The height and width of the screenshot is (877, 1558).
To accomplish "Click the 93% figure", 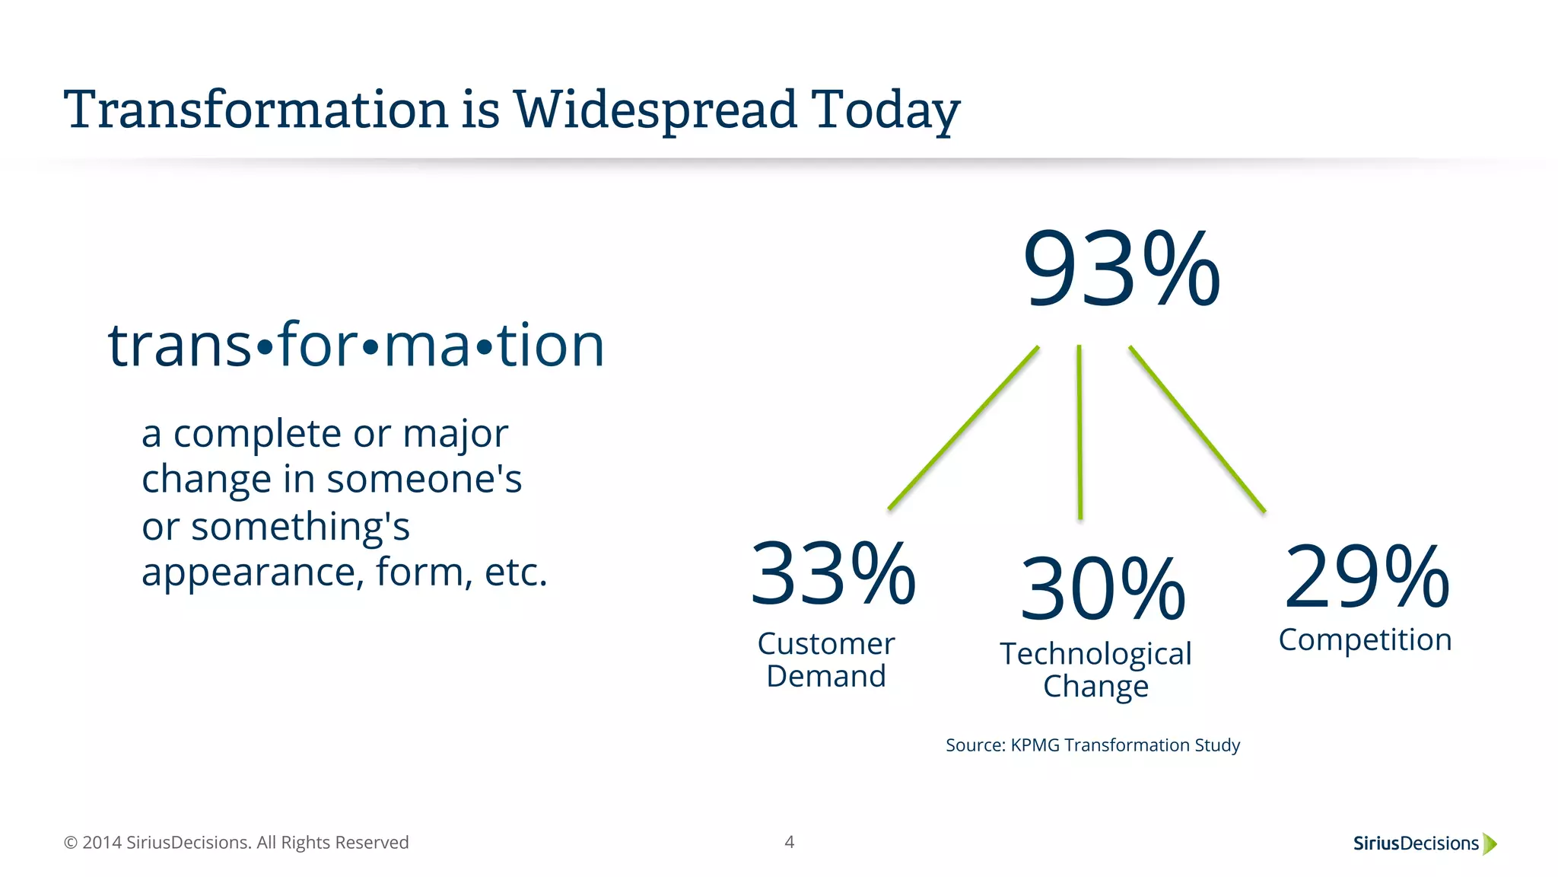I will coord(1121,270).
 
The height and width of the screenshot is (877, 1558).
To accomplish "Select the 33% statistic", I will coord(833,572).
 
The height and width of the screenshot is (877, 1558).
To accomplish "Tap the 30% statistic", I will coord(1102,589).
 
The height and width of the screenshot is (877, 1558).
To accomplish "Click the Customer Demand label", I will coord(826,660).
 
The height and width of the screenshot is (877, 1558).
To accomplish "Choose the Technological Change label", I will coord(1095,670).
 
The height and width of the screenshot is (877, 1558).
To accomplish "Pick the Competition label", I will coord(1365,639).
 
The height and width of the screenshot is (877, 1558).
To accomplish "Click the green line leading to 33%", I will coord(963,428).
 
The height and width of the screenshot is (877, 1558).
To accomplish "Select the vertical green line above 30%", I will coord(1079,432).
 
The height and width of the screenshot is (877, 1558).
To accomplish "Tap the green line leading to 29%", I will coord(1197,429).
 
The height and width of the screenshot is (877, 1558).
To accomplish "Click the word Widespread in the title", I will coord(655,110).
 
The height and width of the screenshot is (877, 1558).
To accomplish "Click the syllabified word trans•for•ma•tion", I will coord(356,345).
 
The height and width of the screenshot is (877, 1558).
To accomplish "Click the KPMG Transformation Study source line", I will coord(1092,745).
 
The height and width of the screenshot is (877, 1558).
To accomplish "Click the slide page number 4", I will coord(789,842).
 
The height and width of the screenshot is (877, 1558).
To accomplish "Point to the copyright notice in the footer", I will coord(236,843).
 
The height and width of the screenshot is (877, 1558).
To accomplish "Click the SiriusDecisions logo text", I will coord(1415,844).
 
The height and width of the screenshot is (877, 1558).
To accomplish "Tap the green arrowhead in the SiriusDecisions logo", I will coord(1490,844).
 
